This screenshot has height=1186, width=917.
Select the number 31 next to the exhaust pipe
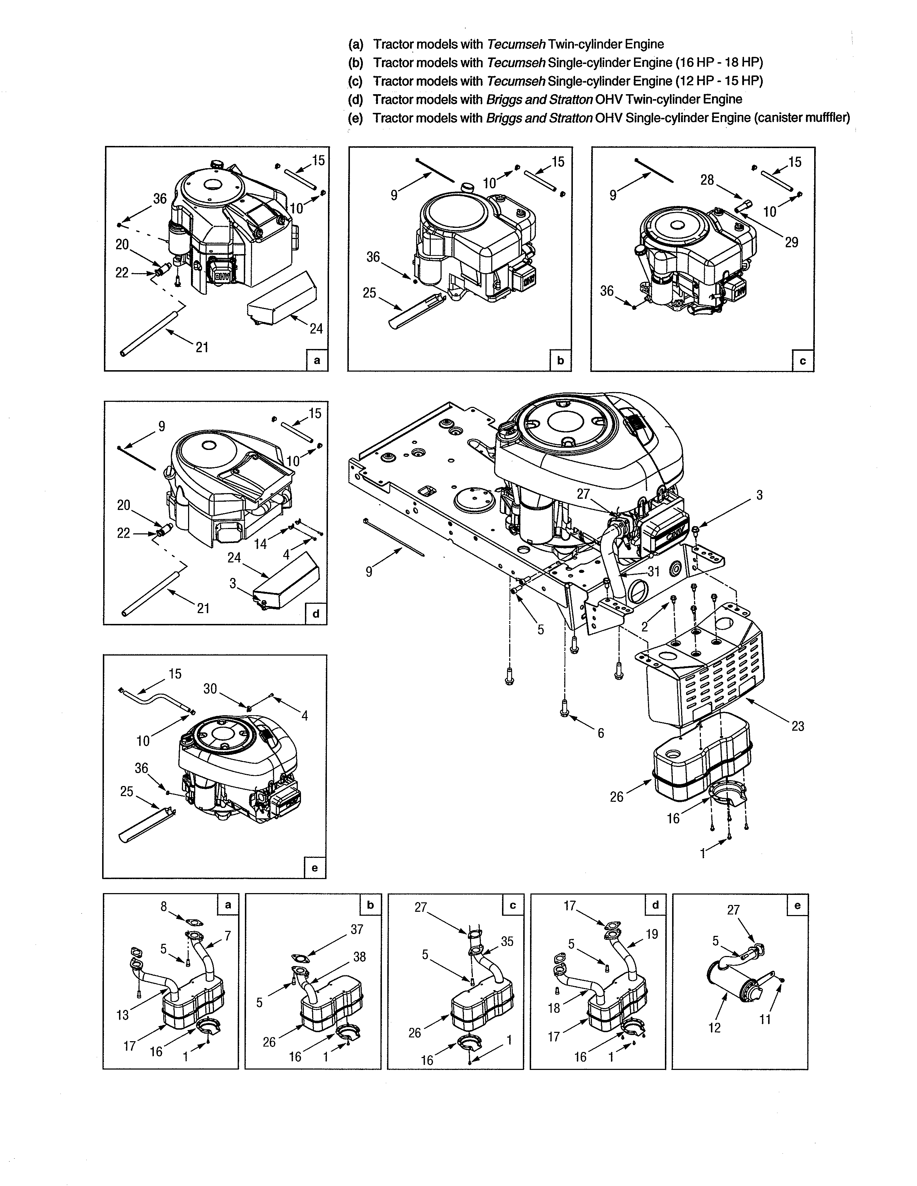653,571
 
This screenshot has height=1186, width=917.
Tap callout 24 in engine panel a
316,328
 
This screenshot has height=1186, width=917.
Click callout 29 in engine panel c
791,242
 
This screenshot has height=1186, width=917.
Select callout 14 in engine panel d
261,543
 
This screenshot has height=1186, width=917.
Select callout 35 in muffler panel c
507,941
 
